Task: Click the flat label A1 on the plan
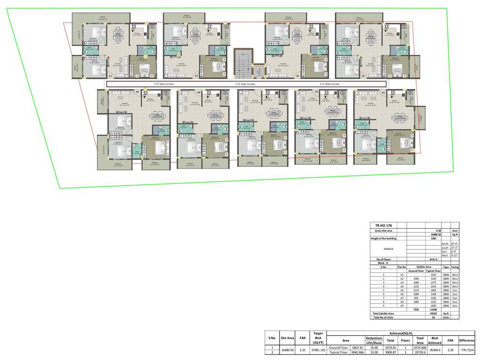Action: pyautogui.click(x=111, y=75)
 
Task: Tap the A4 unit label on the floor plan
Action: pyautogui.click(x=363, y=75)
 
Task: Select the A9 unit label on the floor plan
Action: pyautogui.click(x=137, y=92)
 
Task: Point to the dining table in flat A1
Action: pyautogui.click(x=118, y=34)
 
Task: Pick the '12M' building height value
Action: pyautogui.click(x=433, y=239)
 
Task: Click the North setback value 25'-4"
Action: pyautogui.click(x=454, y=244)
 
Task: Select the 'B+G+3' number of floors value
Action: pyautogui.click(x=433, y=259)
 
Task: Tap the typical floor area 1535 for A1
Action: pyautogui.click(x=433, y=275)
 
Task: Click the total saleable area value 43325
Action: pyautogui.click(x=433, y=313)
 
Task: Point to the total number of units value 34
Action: pyautogui.click(x=433, y=317)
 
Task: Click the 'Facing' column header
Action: pyautogui.click(x=455, y=267)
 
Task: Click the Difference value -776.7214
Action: pyautogui.click(x=467, y=350)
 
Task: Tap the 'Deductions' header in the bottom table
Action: pyautogui.click(x=374, y=338)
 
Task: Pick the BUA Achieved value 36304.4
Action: pyautogui.click(x=434, y=350)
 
